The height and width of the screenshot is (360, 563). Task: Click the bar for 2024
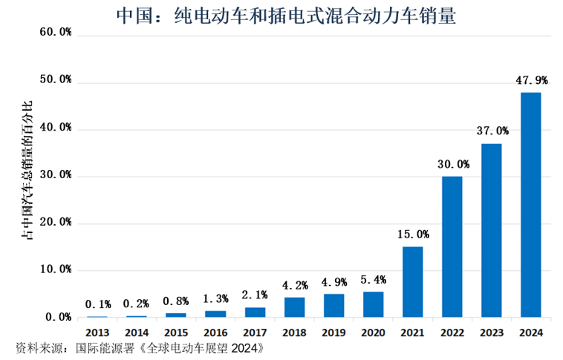point(530,205)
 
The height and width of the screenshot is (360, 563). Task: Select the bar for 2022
point(452,246)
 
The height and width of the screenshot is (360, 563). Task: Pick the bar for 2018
point(294,307)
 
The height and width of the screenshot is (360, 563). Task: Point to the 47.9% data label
point(531,80)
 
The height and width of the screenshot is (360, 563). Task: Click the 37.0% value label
point(492,131)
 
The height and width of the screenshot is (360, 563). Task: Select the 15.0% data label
point(412,234)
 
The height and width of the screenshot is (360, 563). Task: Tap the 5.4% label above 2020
point(373,280)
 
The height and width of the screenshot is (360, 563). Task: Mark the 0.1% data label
point(97,304)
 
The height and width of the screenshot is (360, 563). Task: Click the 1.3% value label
point(215,298)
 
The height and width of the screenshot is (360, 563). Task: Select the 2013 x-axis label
point(97,332)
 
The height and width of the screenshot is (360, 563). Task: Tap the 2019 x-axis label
point(333,332)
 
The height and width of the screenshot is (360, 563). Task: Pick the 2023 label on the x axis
point(491,332)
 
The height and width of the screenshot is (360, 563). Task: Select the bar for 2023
point(491,230)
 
